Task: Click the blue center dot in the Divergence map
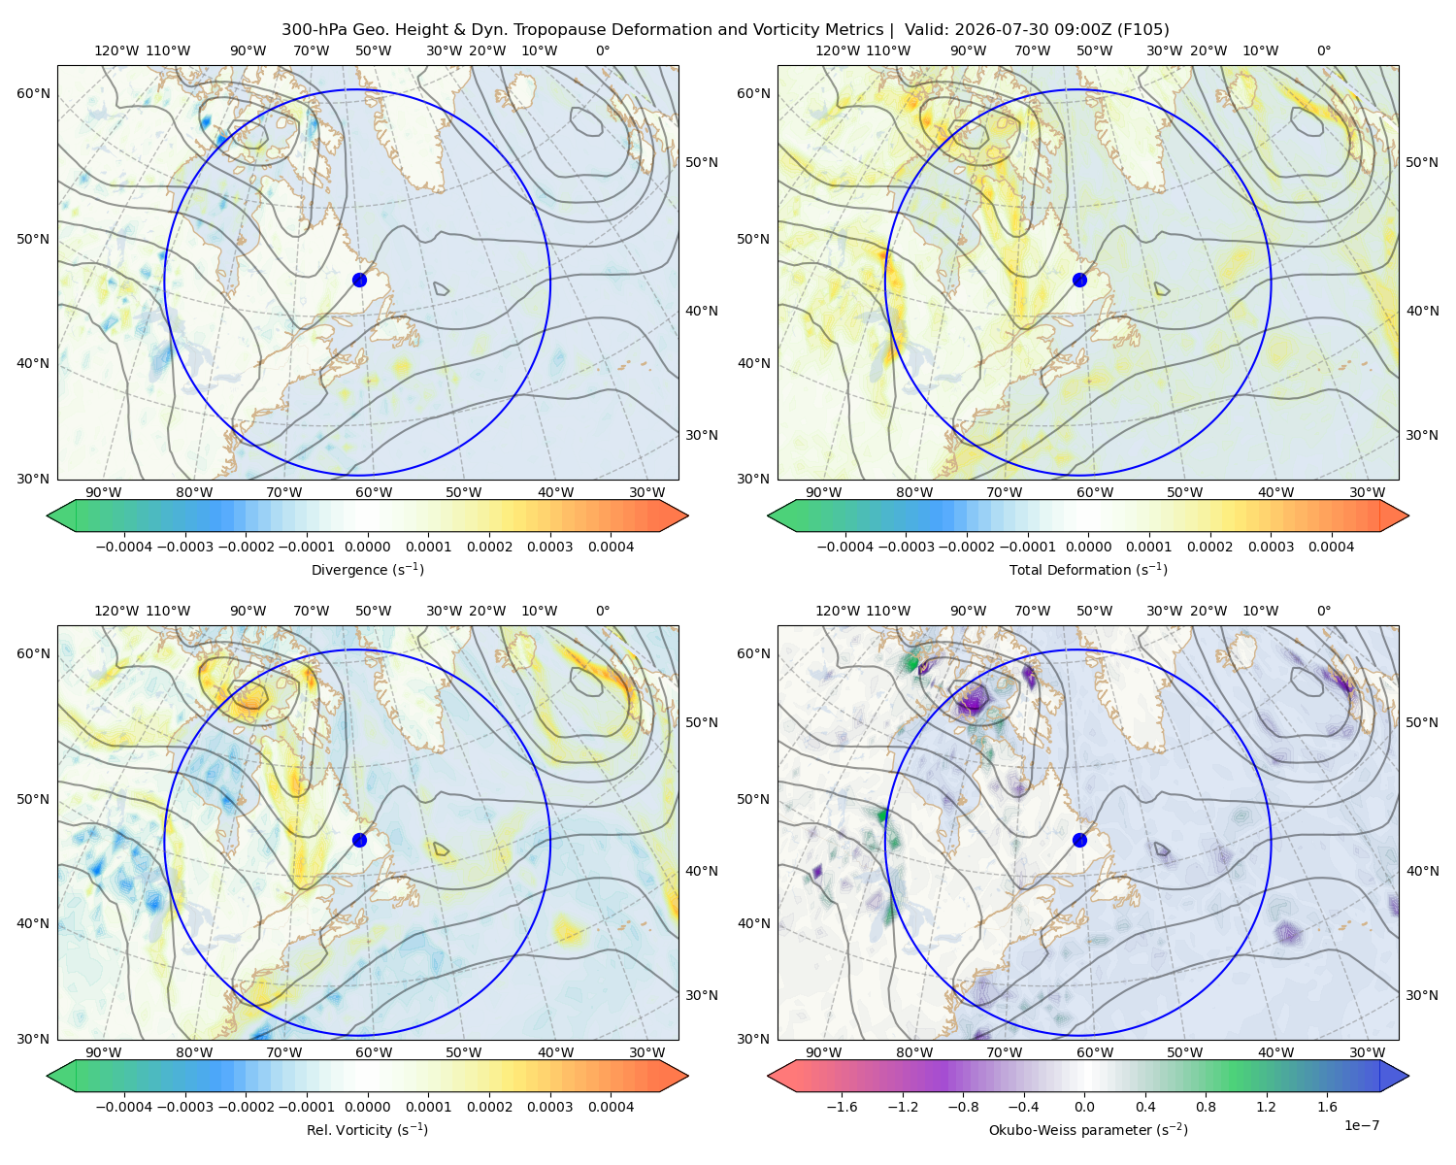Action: coord(359,281)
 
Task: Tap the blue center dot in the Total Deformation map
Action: coord(1079,281)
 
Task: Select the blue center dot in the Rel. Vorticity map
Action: coord(359,840)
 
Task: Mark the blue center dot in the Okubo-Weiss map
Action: coord(1079,840)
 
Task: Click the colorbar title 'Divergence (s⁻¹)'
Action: coord(367,570)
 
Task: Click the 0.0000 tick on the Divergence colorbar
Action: coord(367,547)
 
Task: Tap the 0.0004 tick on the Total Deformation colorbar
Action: coord(1331,547)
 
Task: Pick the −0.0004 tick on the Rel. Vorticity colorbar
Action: coord(124,1107)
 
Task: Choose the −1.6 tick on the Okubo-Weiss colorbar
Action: coord(842,1107)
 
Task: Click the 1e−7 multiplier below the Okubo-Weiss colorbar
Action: coord(1361,1126)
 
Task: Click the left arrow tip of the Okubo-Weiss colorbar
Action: coord(769,1077)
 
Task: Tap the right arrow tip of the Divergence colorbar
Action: coord(688,516)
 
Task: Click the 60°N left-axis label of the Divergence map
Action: coord(33,93)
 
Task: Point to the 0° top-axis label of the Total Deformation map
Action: coord(1323,50)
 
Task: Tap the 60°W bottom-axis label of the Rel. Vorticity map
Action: coord(374,1052)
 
